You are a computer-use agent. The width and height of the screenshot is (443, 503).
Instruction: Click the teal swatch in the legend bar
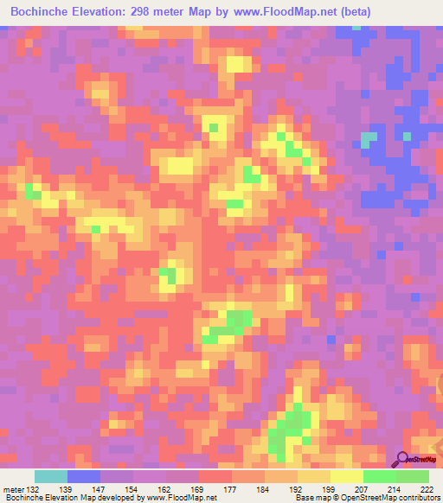(51, 476)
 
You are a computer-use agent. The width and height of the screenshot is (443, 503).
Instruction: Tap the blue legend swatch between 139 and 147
(84, 476)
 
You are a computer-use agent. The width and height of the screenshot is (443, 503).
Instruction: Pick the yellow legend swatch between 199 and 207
(347, 476)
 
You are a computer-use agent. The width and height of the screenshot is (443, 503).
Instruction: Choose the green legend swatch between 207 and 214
(380, 476)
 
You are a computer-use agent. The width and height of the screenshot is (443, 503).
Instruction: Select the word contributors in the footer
(418, 499)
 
